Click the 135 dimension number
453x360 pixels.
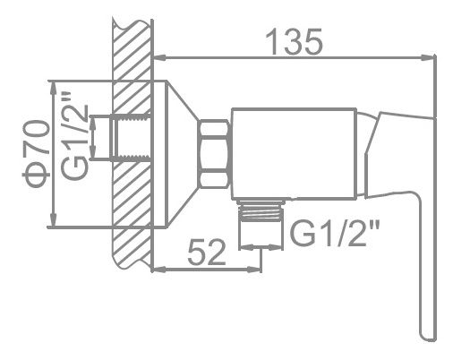[x=296, y=41]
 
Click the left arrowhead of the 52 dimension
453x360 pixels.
[x=159, y=268]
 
